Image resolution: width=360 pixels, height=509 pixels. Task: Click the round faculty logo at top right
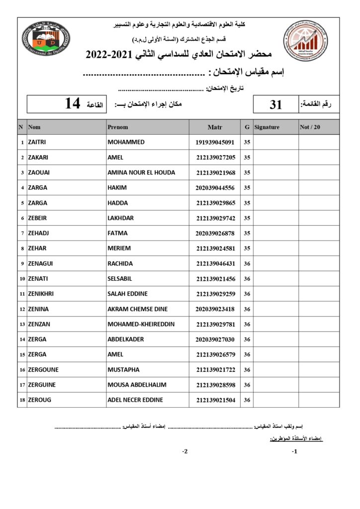(x=305, y=40)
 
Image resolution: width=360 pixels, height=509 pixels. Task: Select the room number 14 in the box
(x=73, y=104)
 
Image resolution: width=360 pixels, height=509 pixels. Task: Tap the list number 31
(x=275, y=104)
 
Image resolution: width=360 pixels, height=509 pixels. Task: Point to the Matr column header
(x=215, y=127)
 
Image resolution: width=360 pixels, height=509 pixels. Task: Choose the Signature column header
(x=267, y=127)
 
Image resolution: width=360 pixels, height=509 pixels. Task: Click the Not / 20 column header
(x=310, y=127)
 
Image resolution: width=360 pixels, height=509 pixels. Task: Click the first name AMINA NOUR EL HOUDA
(x=141, y=172)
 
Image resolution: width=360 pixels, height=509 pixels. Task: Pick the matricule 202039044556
(x=215, y=188)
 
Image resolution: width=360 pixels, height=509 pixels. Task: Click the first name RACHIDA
(x=120, y=263)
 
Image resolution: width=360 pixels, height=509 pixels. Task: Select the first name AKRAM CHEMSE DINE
(x=138, y=309)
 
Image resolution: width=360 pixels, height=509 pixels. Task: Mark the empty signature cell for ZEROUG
(x=275, y=400)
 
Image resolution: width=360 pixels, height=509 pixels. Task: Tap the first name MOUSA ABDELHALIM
(x=137, y=385)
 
